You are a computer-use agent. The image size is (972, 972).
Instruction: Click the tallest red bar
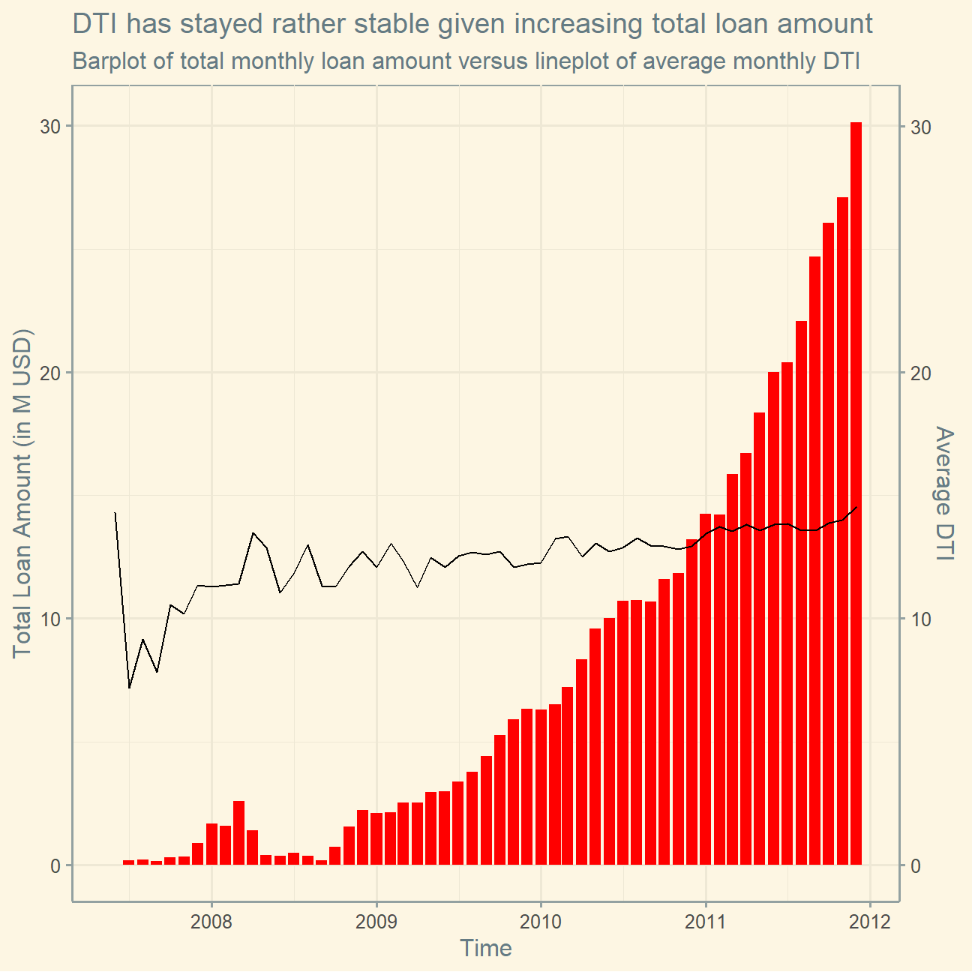pos(856,493)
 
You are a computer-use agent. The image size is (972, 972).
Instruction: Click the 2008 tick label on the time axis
pos(211,922)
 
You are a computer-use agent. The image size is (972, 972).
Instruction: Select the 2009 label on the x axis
pos(376,922)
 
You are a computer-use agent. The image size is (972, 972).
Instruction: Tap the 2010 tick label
pos(541,922)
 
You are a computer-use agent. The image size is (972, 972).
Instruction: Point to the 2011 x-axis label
pos(706,922)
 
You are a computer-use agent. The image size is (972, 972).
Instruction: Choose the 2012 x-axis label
pos(870,922)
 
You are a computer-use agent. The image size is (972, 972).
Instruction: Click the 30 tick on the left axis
pos(50,127)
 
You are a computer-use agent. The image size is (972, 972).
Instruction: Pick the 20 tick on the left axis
pos(50,373)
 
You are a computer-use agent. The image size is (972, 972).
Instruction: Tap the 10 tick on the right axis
pos(921,619)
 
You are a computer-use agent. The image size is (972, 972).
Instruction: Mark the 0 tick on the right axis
pos(916,866)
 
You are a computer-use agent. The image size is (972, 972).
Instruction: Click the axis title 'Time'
pos(486,948)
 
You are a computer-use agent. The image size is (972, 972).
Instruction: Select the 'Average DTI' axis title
pos(943,493)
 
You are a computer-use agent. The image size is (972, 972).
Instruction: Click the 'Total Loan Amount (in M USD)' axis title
pos(22,493)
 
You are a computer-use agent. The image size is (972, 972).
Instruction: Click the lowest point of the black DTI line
pos(130,688)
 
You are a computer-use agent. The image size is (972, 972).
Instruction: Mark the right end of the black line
pos(856,507)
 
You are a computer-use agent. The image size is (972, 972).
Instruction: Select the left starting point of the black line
pos(115,513)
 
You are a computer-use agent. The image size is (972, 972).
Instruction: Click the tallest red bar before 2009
pos(239,832)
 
